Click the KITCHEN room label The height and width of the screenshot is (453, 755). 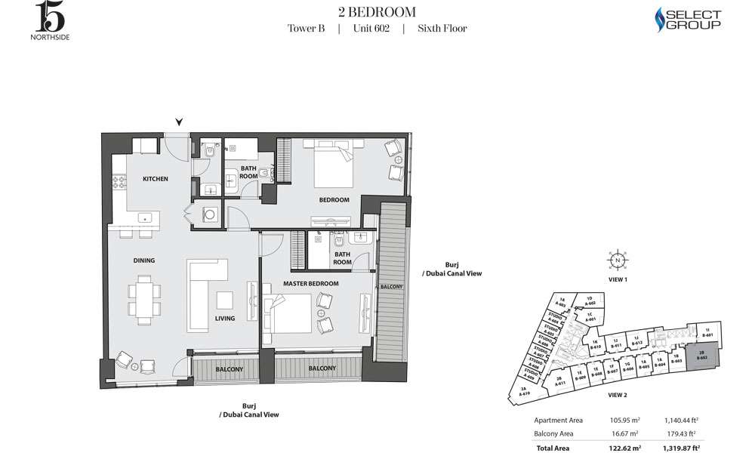pos(155,179)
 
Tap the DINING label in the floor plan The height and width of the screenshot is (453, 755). pos(144,260)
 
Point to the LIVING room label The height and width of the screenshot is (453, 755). pos(224,318)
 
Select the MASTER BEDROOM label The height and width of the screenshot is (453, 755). pos(310,283)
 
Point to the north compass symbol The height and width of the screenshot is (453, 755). pos(618,260)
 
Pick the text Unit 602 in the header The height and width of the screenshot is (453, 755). pos(371,29)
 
